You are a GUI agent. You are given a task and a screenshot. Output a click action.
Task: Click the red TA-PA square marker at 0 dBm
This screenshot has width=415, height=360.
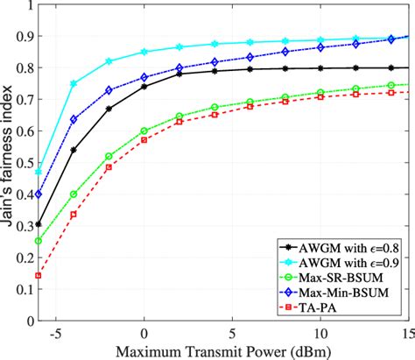(x=144, y=140)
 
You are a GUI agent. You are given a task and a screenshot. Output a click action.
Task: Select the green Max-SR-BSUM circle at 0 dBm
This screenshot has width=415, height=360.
(x=144, y=131)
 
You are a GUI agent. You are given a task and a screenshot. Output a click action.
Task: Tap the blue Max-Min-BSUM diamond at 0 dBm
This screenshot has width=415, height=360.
(x=144, y=77)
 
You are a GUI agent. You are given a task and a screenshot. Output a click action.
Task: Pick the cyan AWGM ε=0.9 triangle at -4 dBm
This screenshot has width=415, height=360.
(x=74, y=84)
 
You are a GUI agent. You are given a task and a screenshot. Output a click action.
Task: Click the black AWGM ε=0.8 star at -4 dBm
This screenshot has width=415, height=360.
(x=74, y=150)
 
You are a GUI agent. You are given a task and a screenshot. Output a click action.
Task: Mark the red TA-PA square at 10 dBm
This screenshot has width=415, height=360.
(x=320, y=97)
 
